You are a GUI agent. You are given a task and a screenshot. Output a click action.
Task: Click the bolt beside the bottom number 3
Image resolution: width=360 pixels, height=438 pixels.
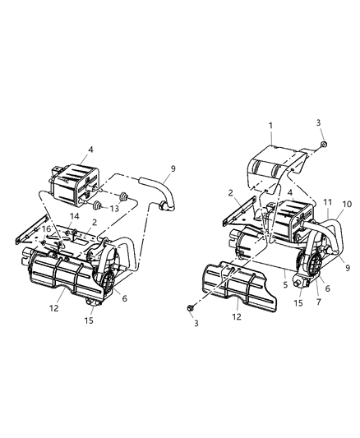pyautogui.click(x=191, y=309)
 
